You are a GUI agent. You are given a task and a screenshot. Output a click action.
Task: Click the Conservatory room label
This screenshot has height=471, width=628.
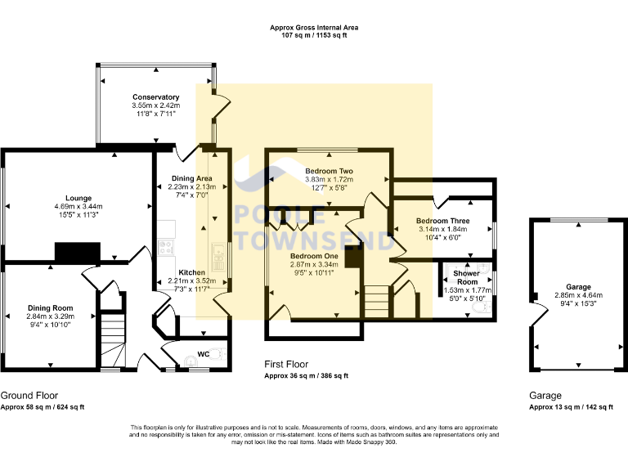coord(156,97)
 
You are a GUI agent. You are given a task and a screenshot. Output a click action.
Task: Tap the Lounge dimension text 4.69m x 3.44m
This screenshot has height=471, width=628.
coord(78,207)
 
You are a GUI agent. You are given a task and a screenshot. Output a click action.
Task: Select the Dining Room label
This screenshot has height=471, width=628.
coord(51,308)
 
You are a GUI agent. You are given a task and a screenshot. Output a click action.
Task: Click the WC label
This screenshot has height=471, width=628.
coord(204,354)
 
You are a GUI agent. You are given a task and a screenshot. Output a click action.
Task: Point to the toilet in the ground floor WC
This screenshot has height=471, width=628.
coord(217,354)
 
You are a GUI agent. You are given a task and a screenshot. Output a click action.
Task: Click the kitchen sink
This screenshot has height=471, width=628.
coord(218,257)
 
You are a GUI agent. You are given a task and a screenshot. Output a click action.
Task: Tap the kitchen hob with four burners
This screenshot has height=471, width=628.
coord(166,247)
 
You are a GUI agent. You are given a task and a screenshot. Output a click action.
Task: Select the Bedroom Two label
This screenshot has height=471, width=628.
coord(330,171)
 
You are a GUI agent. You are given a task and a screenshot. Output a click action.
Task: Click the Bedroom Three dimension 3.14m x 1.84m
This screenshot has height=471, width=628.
coord(443,229)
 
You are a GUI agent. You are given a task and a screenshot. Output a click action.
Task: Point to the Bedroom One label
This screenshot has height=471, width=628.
coord(314,256)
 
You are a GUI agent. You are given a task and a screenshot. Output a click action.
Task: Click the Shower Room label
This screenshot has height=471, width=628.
coord(467,277)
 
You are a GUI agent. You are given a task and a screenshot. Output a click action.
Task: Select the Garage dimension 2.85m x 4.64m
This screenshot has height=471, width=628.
coord(578,295)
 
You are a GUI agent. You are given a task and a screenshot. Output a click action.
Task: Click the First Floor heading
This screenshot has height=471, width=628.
coord(286,365)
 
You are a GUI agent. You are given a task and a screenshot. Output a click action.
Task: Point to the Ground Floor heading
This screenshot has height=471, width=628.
coord(29,396)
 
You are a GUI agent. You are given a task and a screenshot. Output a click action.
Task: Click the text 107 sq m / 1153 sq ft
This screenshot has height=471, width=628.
coord(314,35)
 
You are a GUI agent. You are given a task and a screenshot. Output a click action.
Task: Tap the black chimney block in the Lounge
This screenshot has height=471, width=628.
coord(78,253)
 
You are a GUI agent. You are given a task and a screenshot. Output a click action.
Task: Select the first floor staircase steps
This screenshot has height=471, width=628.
coord(376,302)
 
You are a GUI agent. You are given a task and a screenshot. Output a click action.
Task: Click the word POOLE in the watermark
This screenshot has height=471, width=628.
coord(280,215)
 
